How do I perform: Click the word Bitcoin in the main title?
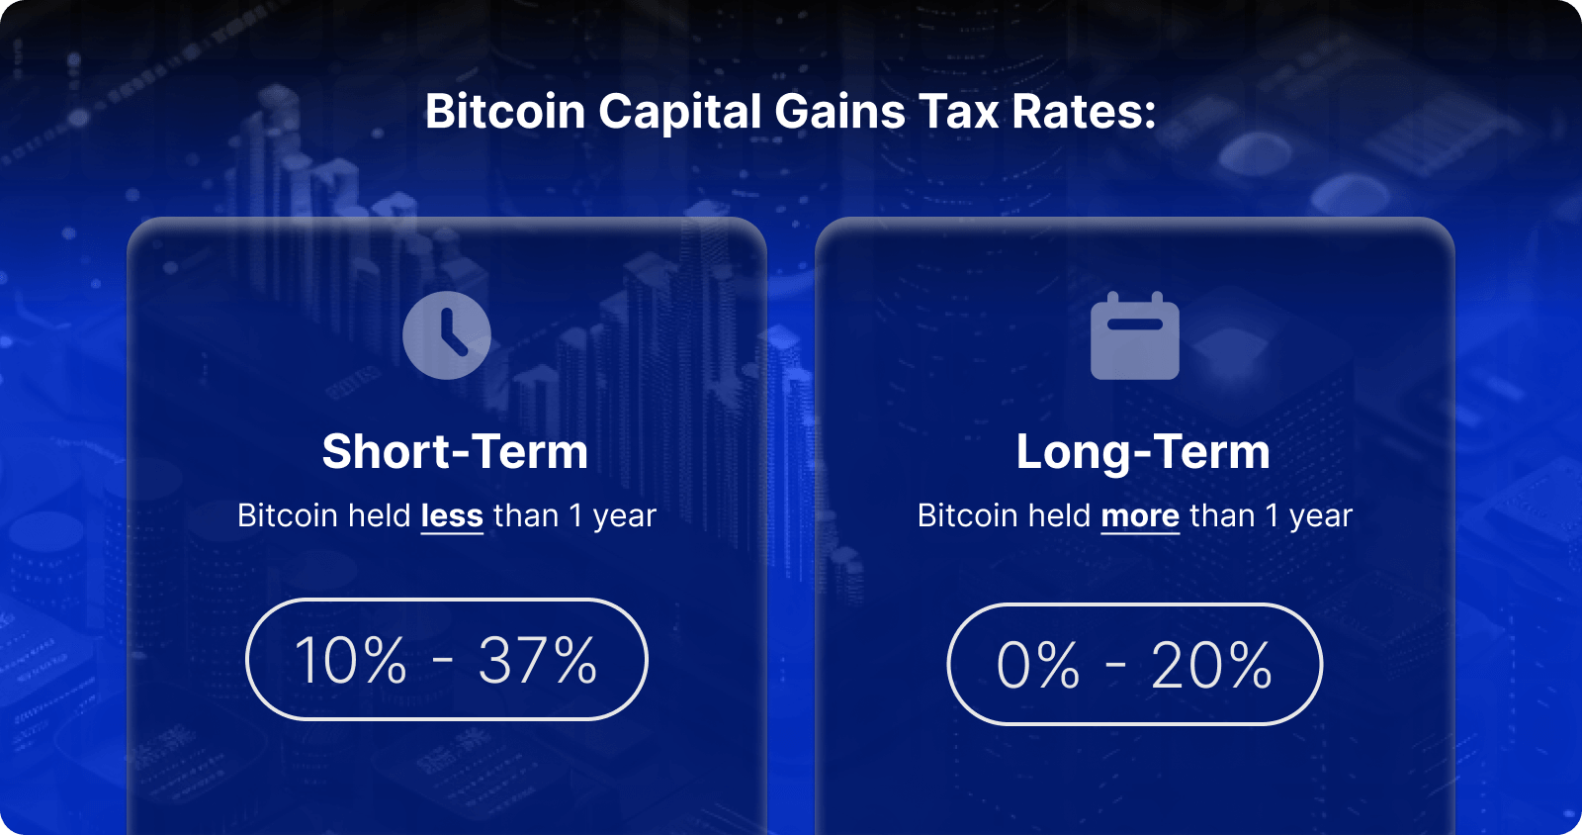[x=505, y=112]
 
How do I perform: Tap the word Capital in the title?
[x=679, y=112]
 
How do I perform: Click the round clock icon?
[x=447, y=334]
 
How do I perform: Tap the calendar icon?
[x=1134, y=336]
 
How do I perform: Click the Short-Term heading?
[x=455, y=452]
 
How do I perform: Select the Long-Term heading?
[x=1143, y=452]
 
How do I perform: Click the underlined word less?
[x=452, y=515]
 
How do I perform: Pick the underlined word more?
[x=1140, y=515]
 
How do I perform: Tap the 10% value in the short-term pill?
[x=351, y=661]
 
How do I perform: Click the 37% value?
[x=538, y=661]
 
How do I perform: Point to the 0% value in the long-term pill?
[x=1038, y=666]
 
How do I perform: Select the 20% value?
[x=1211, y=666]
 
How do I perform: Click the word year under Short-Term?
[x=625, y=516]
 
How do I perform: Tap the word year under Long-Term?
[x=1321, y=516]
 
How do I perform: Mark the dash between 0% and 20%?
[x=1115, y=664]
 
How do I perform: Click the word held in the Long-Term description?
[x=1059, y=515]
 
